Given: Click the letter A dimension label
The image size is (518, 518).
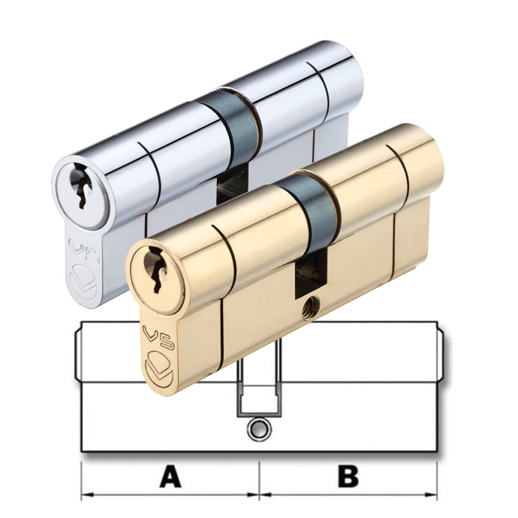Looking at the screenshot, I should pos(170,477).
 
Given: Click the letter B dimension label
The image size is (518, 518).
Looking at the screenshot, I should pos(348,477).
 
